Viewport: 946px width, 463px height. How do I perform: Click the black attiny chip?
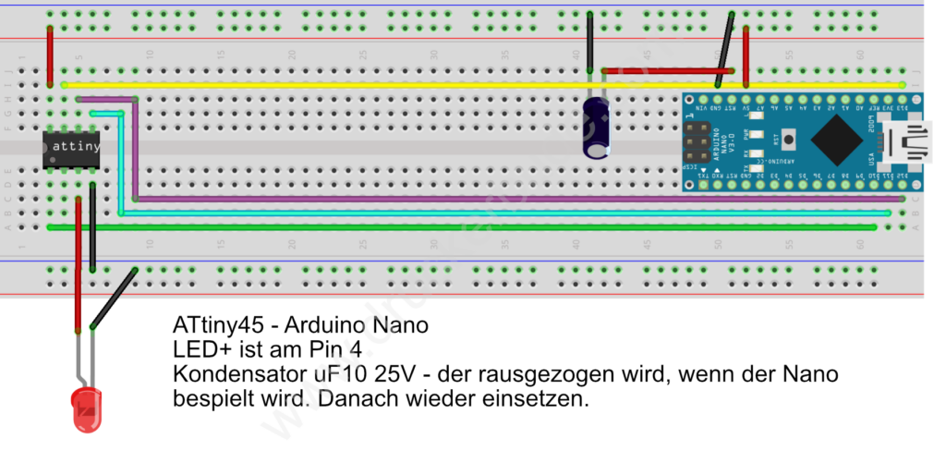[71, 149]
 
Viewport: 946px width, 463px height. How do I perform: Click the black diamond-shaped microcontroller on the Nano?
[838, 141]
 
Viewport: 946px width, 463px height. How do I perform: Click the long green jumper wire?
[462, 226]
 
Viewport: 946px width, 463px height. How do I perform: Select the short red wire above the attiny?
[50, 55]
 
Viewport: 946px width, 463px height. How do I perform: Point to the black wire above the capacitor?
[589, 46]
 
